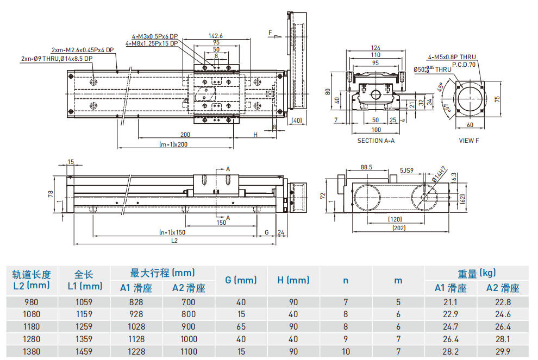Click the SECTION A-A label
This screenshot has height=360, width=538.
376,141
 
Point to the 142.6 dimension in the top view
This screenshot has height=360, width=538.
216,35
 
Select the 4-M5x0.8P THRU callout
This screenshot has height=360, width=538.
452,56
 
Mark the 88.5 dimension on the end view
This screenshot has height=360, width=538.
366,167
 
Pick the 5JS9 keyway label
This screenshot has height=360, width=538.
407,170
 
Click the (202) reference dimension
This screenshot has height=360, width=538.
400,228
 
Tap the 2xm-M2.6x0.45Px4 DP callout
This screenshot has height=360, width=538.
83,50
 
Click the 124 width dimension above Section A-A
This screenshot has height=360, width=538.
376,48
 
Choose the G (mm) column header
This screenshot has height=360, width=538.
241,280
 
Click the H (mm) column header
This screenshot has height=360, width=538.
293,280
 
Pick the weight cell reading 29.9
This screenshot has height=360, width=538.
503,351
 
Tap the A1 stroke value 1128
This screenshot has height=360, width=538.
136,339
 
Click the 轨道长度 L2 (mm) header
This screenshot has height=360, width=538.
31,280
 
